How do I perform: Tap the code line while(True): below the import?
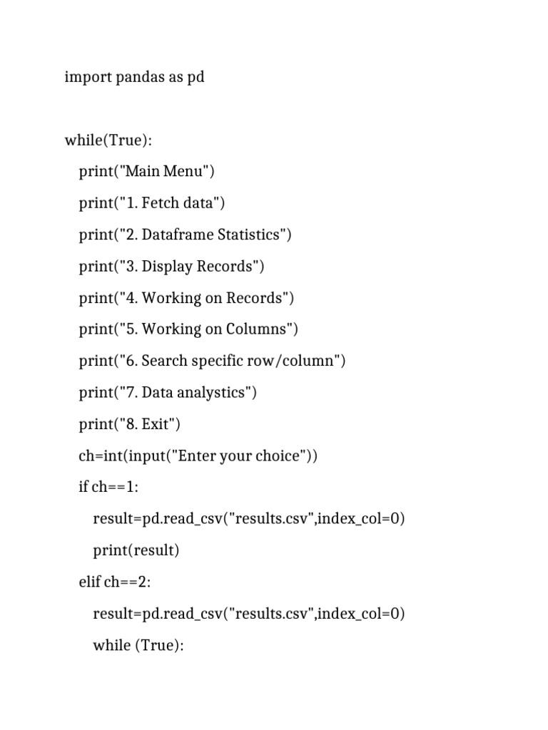(x=108, y=140)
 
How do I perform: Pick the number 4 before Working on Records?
(x=131, y=298)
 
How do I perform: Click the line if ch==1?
(x=110, y=488)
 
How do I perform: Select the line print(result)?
(x=136, y=550)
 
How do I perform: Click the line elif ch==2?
(x=115, y=582)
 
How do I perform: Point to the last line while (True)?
(x=138, y=645)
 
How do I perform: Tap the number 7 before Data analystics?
(x=131, y=393)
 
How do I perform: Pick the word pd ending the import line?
(x=196, y=77)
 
